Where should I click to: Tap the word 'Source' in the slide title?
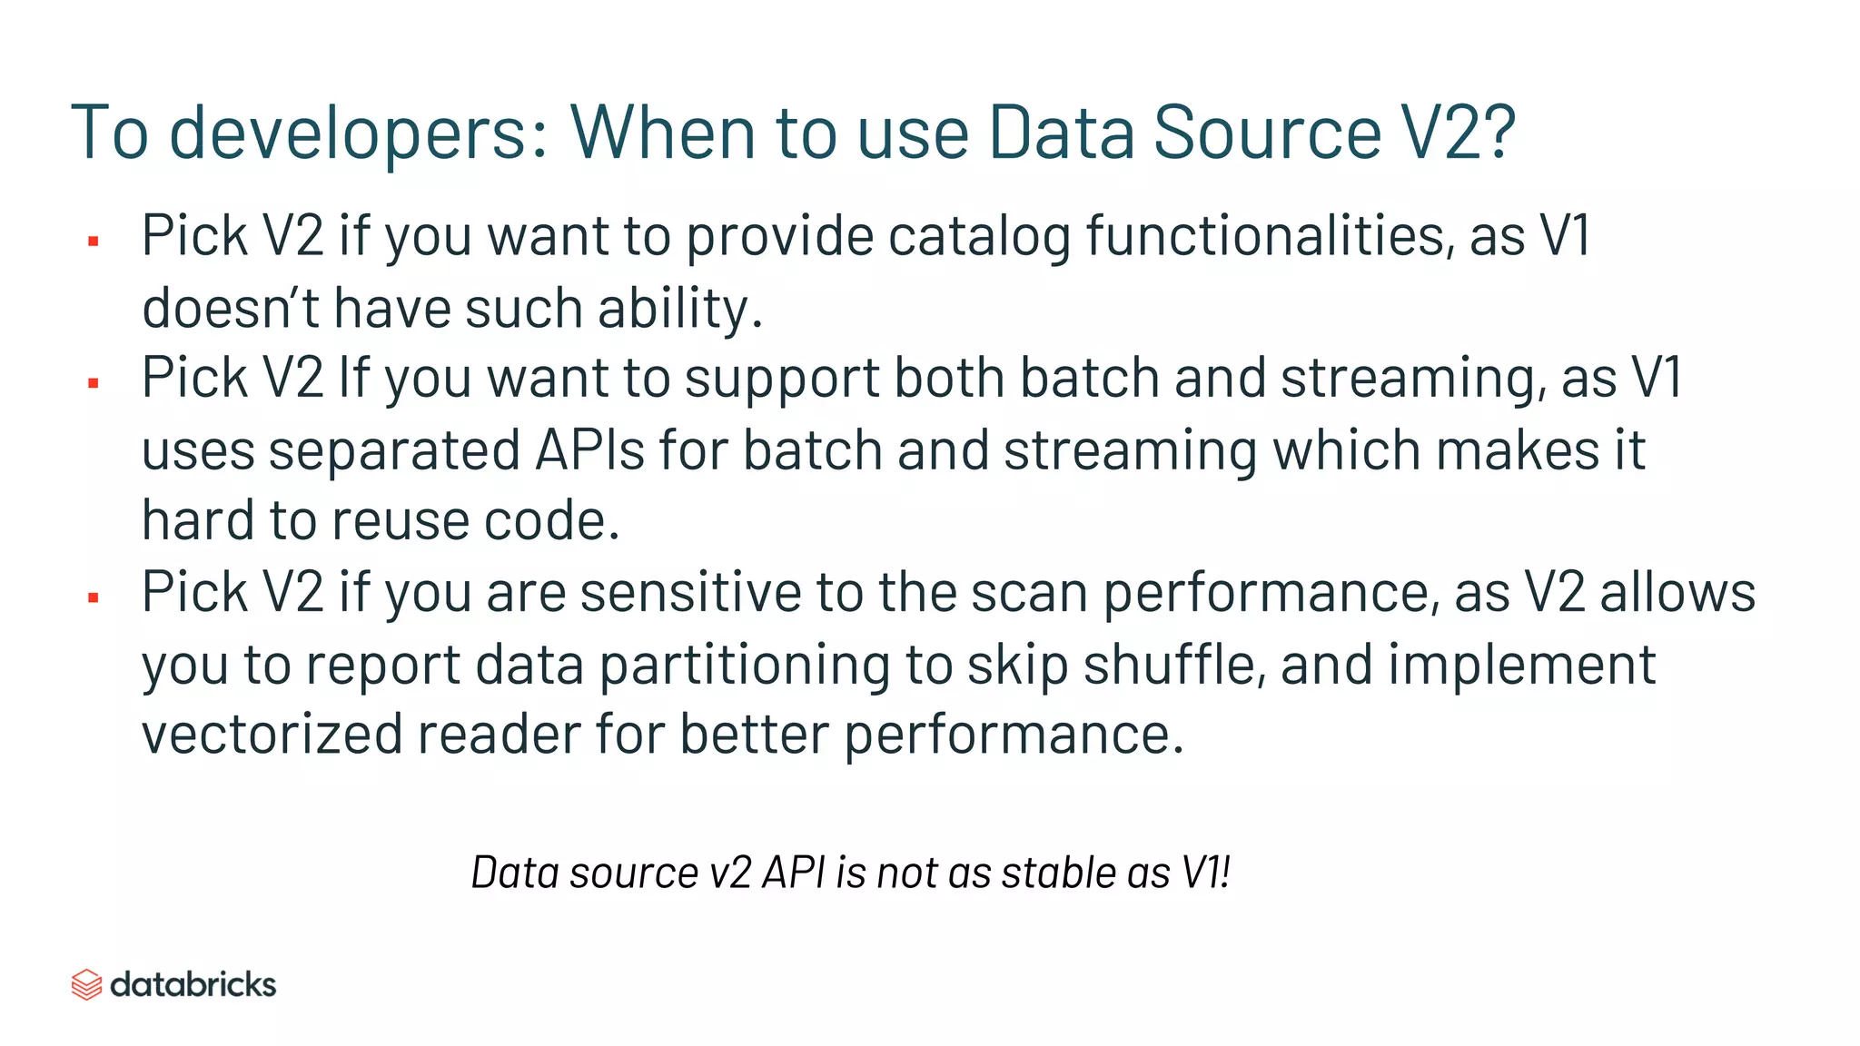coord(1267,133)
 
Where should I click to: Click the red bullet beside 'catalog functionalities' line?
coord(93,241)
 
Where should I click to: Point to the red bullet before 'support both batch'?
coord(93,383)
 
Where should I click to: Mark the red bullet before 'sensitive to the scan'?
coord(93,597)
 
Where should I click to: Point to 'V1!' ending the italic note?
coord(1205,873)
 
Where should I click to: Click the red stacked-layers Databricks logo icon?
coord(86,984)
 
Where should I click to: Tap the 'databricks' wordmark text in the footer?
coord(193,984)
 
